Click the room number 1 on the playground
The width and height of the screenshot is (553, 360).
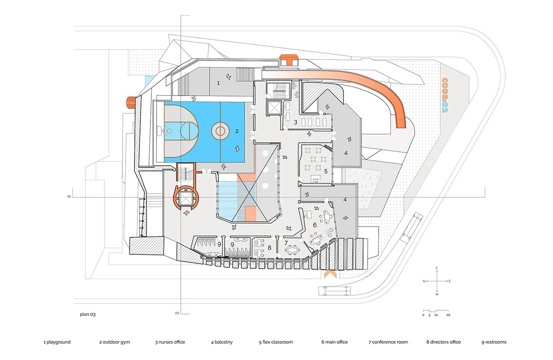[x=219, y=82]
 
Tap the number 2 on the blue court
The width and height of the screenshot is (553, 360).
[x=237, y=130]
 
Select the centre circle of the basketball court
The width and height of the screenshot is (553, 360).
[x=220, y=130]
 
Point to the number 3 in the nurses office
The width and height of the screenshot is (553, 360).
[x=295, y=123]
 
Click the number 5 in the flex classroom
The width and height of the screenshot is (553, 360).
[x=325, y=171]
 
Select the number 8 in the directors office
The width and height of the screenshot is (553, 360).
[x=270, y=247]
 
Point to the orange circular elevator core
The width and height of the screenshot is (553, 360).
[x=186, y=198]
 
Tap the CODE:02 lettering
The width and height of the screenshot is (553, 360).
[x=445, y=96]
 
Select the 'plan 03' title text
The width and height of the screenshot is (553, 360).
[x=87, y=314]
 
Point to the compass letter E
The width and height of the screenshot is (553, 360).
[x=437, y=268]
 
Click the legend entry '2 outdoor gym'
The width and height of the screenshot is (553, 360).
[x=114, y=342]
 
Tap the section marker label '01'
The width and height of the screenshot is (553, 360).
[x=69, y=197]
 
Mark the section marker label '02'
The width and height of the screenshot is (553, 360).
[x=177, y=313]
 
